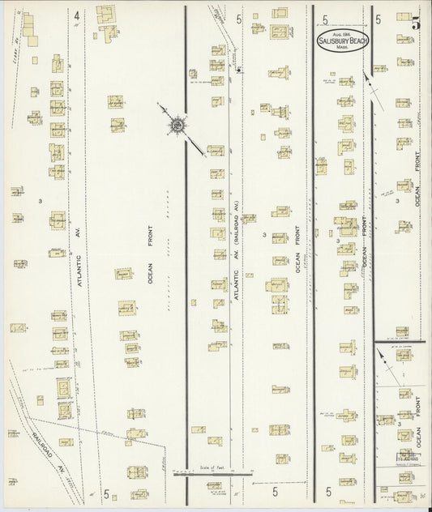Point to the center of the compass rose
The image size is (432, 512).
point(176,125)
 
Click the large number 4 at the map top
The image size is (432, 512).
point(76,15)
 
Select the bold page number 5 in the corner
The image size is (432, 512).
point(415,23)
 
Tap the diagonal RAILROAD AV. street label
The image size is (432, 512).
point(44,447)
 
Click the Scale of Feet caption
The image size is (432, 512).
point(200,467)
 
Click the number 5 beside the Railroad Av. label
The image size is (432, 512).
point(106,493)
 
